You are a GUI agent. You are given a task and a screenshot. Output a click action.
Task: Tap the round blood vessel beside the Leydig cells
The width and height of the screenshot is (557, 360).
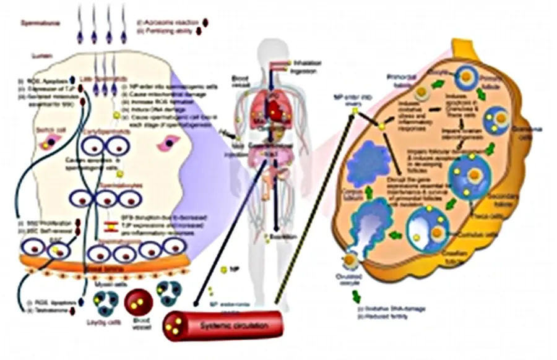[x=138, y=302]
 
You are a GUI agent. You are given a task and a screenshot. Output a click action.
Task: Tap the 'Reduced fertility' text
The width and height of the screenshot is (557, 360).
[x=408, y=308]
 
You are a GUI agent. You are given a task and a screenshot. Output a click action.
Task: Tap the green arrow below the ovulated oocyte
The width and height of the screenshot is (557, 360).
[x=357, y=296]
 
